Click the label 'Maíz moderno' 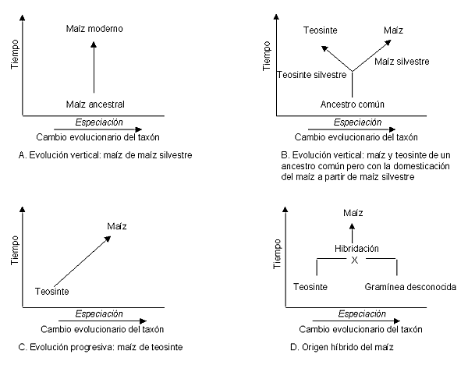pyautogui.click(x=94, y=29)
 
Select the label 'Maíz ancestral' pyautogui.click(x=95, y=105)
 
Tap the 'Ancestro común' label pyautogui.click(x=353, y=105)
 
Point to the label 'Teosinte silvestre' pyautogui.click(x=312, y=75)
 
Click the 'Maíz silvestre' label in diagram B pyautogui.click(x=402, y=62)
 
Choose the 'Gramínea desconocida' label pyautogui.click(x=410, y=287)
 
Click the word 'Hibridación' pyautogui.click(x=356, y=249)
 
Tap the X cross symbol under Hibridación pyautogui.click(x=354, y=260)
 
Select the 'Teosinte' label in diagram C pyautogui.click(x=52, y=291)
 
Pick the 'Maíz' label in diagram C pyautogui.click(x=117, y=226)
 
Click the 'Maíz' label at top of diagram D pyautogui.click(x=353, y=213)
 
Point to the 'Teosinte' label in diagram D pyautogui.click(x=310, y=287)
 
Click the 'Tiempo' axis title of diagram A pyautogui.click(x=15, y=55)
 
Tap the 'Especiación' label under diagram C pyautogui.click(x=99, y=314)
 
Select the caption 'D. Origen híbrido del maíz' pyautogui.click(x=342, y=347)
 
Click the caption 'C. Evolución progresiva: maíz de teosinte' pyautogui.click(x=101, y=347)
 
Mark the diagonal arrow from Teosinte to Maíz pyautogui.click(x=83, y=261)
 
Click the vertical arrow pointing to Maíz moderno pyautogui.click(x=94, y=67)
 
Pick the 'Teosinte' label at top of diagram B pyautogui.click(x=321, y=30)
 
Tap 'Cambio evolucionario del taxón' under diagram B pyautogui.click(x=356, y=137)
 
